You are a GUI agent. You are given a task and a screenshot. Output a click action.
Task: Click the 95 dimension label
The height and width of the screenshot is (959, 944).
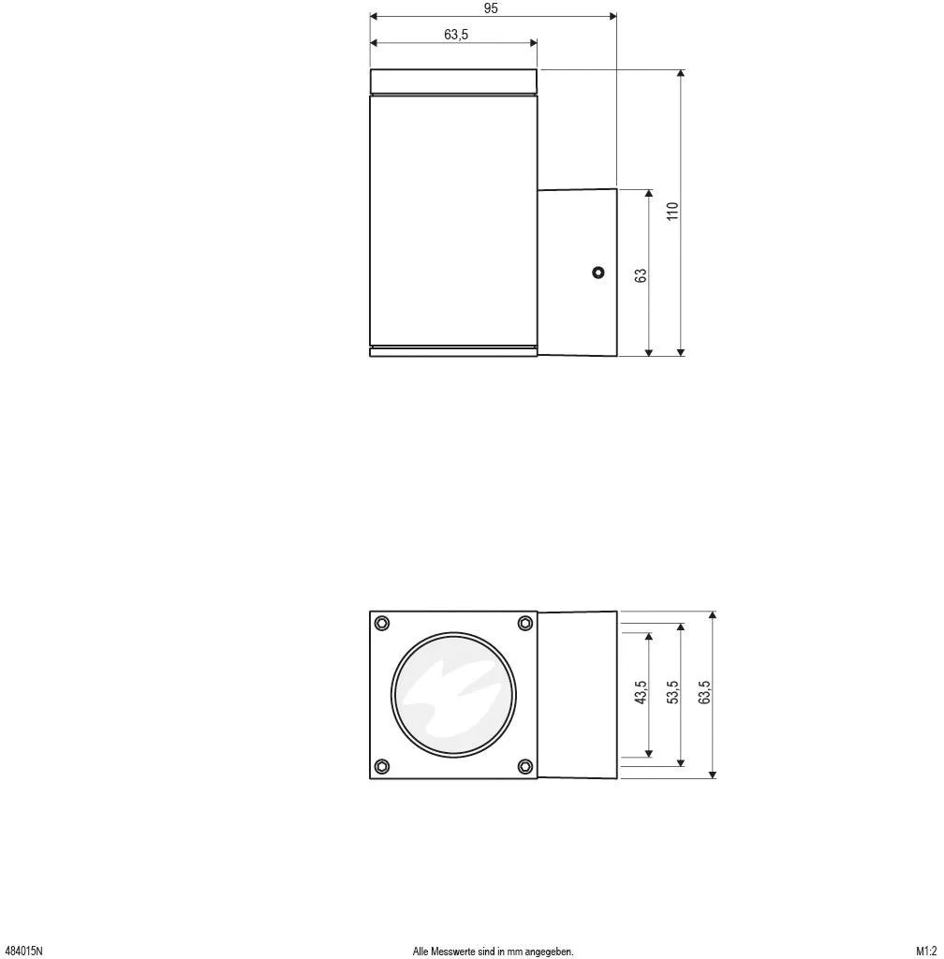click(491, 8)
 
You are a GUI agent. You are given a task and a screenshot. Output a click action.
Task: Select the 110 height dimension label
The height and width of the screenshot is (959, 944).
click(672, 211)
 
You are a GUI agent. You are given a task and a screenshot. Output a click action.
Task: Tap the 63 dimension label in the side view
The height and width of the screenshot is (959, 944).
click(641, 276)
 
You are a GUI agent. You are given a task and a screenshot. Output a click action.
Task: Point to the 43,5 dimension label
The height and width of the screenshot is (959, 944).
click(641, 692)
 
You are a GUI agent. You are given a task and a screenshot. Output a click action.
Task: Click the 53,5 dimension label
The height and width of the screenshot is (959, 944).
click(672, 692)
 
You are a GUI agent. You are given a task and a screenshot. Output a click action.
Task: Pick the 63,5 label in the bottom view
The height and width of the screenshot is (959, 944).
click(704, 692)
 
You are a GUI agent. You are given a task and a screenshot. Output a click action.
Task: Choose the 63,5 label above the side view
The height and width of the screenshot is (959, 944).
click(456, 35)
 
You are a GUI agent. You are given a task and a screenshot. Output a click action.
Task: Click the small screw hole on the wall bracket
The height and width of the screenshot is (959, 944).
click(598, 273)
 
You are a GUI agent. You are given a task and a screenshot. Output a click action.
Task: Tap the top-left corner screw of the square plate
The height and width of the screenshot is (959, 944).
click(382, 623)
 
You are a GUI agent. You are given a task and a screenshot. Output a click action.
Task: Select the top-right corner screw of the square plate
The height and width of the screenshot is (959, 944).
click(525, 623)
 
